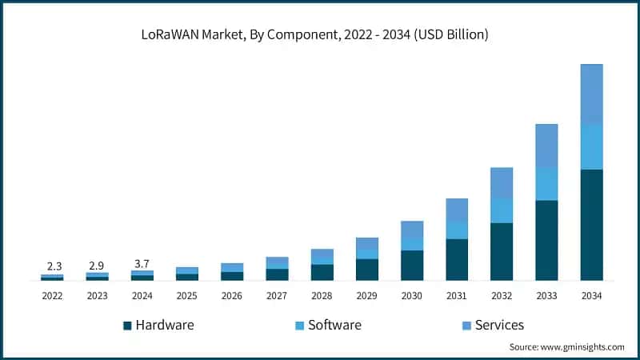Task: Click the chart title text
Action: (320, 35)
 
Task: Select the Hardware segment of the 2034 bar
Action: (591, 225)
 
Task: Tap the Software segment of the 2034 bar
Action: (591, 146)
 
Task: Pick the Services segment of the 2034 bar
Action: (591, 94)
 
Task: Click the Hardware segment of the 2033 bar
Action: (546, 240)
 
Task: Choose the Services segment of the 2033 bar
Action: (546, 146)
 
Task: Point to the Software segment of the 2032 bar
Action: (502, 210)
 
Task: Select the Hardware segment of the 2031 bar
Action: (457, 259)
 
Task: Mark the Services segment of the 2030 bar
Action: (412, 229)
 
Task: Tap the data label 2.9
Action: (97, 265)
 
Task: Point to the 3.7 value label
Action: (142, 263)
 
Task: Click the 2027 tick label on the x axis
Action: (277, 295)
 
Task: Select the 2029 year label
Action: (366, 295)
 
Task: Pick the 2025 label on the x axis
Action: (186, 295)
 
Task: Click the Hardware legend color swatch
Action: (127, 326)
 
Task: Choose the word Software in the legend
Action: (334, 325)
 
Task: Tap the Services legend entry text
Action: (499, 325)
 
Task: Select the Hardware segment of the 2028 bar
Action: (322, 272)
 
